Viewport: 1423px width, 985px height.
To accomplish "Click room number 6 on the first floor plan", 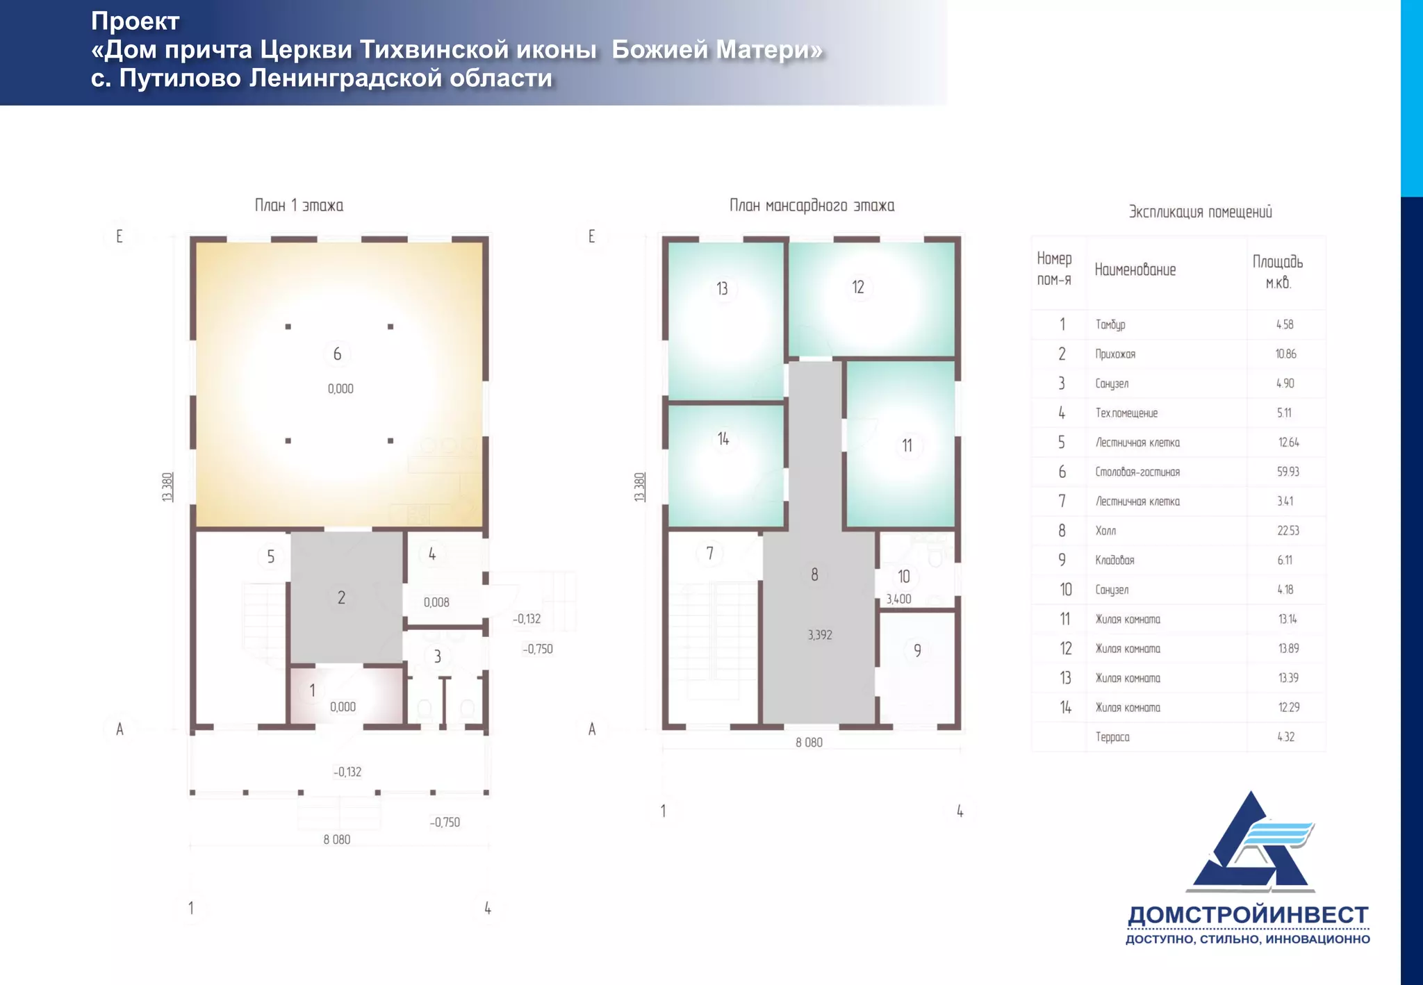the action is point(337,354).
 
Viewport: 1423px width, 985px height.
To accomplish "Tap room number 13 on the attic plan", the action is point(722,288).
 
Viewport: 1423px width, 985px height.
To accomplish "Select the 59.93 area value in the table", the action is point(1288,472).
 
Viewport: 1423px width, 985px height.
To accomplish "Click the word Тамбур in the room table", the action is point(1110,324).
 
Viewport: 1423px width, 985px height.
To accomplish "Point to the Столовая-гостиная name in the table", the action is point(1137,472).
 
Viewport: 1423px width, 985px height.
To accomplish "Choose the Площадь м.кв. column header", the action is point(1278,272).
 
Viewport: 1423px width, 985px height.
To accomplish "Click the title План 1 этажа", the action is point(299,206).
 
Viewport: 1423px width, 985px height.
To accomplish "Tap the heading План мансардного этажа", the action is point(812,206).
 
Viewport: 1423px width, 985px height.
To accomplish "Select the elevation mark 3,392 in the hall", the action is point(820,635).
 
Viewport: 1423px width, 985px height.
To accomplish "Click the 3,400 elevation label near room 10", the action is point(898,599).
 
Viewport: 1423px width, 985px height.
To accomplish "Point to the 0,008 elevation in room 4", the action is point(436,602).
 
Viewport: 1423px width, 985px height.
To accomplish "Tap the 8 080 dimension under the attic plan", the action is point(809,743).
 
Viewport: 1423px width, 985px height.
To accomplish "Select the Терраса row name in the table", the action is point(1112,737).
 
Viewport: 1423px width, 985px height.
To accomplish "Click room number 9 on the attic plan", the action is point(917,651).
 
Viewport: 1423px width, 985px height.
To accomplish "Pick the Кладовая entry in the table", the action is point(1114,561).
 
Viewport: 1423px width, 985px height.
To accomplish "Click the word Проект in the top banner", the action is point(135,22).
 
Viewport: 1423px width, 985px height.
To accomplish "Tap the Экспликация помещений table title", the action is point(1200,212).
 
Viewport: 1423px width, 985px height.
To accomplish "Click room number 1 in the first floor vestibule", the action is point(313,690).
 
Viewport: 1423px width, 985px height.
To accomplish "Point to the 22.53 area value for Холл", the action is point(1288,531).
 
